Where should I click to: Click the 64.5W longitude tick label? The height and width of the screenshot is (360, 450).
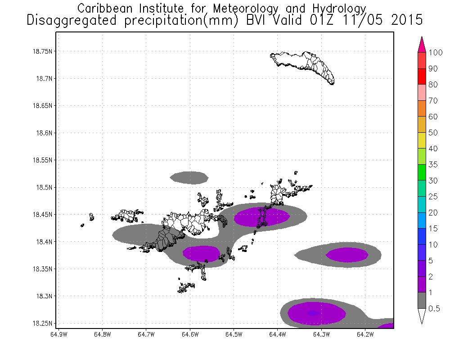pos(234,334)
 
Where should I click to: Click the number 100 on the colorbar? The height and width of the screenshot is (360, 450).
pos(436,52)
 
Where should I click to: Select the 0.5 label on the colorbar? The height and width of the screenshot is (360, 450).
pos(434,308)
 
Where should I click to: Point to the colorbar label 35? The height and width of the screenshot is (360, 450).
pos(433,165)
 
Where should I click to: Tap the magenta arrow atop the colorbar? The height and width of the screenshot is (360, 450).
pos(422,45)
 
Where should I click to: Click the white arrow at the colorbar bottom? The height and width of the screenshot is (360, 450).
pos(422,316)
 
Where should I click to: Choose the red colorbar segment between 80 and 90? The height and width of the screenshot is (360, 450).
pos(422,76)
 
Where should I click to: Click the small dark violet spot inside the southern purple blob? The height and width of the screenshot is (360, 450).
pos(314,313)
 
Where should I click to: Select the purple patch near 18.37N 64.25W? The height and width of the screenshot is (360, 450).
pos(347,255)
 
